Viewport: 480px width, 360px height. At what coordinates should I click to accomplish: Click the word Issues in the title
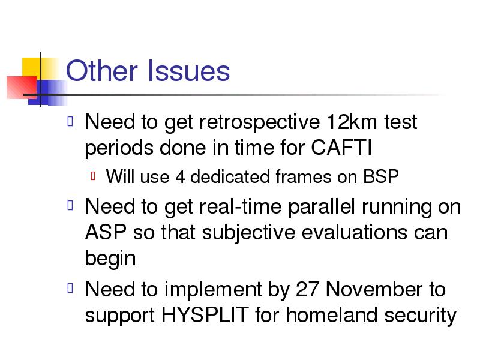coord(188,71)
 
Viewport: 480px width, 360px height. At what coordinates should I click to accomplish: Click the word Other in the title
coord(101,71)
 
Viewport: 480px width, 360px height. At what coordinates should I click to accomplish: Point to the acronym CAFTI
coord(341,148)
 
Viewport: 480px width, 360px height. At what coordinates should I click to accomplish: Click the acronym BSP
coord(381,176)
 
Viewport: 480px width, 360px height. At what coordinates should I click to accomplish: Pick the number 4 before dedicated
coord(181,177)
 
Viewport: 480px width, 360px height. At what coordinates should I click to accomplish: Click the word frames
coord(304,176)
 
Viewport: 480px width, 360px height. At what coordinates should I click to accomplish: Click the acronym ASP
coord(106,232)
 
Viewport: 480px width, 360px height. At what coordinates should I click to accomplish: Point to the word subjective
coord(248,233)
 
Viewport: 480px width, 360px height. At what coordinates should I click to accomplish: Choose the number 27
coord(307,289)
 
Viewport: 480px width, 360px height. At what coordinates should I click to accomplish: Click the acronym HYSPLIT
coord(205,314)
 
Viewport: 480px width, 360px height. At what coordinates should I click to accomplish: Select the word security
coord(421,316)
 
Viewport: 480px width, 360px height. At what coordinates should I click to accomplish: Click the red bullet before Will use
coord(94,176)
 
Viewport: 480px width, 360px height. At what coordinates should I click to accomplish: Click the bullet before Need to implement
coord(70,288)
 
